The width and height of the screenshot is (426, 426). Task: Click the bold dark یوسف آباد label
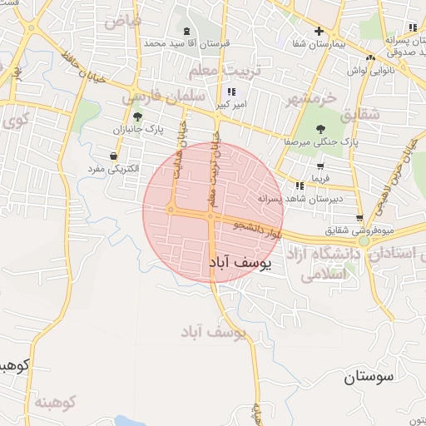[238, 264]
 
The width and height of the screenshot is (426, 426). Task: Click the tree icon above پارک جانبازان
[137, 116]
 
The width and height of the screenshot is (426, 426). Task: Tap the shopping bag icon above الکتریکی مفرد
[113, 156]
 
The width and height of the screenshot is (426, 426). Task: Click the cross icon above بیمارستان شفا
[319, 31]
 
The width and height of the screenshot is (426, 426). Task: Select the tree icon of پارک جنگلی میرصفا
[320, 128]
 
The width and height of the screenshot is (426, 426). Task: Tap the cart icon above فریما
[320, 166]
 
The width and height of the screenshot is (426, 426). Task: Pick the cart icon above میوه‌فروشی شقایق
[359, 215]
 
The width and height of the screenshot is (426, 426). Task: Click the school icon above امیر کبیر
[230, 92]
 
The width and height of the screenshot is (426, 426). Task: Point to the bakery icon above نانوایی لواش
[370, 57]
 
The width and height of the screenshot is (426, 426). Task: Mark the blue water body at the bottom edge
[133, 420]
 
